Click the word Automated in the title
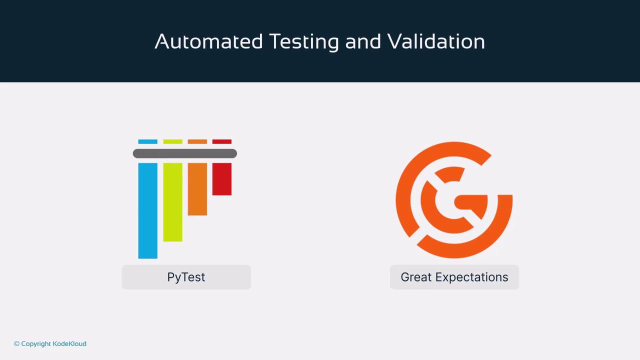[208, 41]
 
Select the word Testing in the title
[304, 42]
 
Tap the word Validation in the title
[436, 41]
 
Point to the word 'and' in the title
[363, 41]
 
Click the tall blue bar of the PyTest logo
[147, 210]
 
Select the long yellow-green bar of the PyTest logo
[172, 202]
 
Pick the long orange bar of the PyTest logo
[197, 189]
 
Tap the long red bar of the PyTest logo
[221, 179]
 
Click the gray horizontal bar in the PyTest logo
[185, 153]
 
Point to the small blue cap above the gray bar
[147, 141]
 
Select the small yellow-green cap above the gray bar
[172, 141]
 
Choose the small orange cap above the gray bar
[197, 141]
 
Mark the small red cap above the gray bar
[221, 141]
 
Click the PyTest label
[186, 277]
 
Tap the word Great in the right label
[416, 277]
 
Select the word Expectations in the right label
[471, 277]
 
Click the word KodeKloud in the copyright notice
[69, 343]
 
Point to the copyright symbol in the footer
[17, 343]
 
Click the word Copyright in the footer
[36, 344]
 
